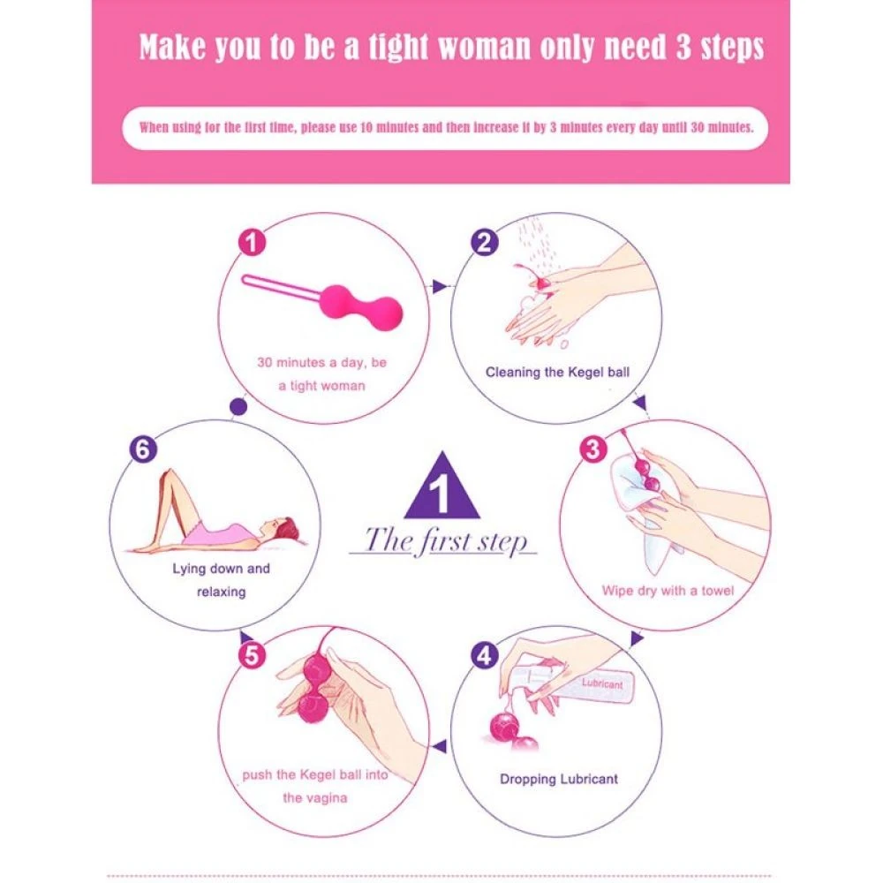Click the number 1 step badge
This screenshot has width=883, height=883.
[252, 243]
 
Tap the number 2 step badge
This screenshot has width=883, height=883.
[484, 243]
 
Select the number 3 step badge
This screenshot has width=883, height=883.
[593, 449]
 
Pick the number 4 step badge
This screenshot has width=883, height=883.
[484, 655]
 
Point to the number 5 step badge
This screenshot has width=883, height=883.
[252, 655]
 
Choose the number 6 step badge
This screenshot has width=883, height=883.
[143, 449]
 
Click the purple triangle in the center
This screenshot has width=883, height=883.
[442, 486]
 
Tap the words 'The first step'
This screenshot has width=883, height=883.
[445, 540]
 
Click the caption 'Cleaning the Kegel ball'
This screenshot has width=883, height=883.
[557, 373]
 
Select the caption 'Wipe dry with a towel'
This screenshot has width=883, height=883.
[668, 591]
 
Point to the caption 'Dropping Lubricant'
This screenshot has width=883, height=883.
[559, 779]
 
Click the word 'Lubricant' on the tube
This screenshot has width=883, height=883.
[602, 683]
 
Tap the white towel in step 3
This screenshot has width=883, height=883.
[647, 507]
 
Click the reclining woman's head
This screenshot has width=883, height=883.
[287, 529]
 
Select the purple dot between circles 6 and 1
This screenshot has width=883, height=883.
[238, 406]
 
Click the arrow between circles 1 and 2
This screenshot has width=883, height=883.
[440, 286]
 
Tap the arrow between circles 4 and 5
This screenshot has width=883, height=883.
[439, 746]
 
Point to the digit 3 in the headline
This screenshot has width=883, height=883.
[683, 48]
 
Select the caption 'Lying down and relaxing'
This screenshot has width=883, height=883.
[221, 580]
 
